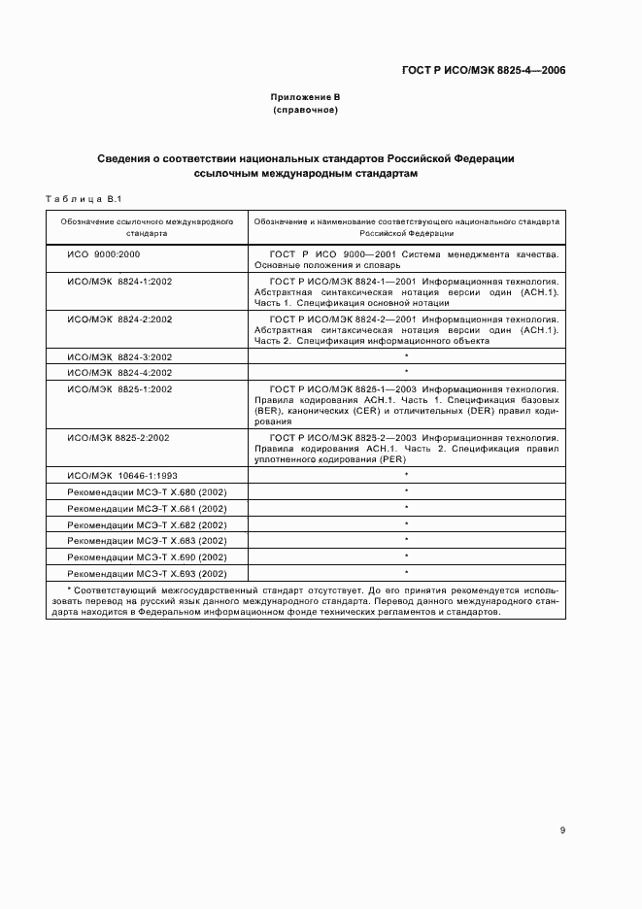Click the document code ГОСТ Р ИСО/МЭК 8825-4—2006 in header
click(485, 71)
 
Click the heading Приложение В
click(305, 97)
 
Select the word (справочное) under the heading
click(305, 110)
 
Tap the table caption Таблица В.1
click(82, 199)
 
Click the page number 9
click(563, 829)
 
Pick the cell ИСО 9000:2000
click(104, 254)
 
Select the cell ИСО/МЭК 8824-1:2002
click(118, 281)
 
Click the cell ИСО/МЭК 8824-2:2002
click(118, 319)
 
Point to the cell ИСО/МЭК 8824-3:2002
click(118, 356)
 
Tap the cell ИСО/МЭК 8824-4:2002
click(118, 372)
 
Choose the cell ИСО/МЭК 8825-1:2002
click(118, 388)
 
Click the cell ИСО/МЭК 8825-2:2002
click(118, 438)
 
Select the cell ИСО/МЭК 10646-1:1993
click(120, 475)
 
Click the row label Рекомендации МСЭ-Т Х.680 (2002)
click(147, 491)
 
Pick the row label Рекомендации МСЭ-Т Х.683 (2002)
click(147, 540)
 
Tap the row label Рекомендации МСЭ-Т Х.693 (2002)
click(147, 573)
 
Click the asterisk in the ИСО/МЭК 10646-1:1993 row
click(406, 475)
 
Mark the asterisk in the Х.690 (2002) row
click(406, 556)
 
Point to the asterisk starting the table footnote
click(69, 589)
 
